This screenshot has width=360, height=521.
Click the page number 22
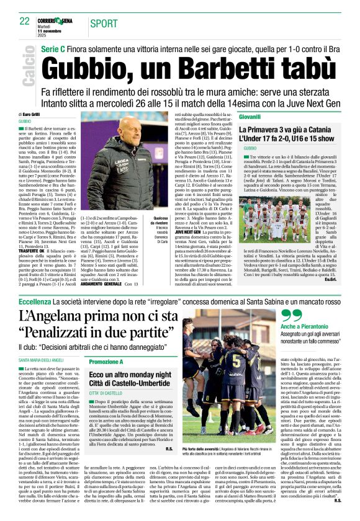(25, 21)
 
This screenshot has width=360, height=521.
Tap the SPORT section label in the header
(104, 24)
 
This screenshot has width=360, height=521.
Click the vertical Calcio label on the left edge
(28, 66)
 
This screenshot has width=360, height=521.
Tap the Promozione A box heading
(106, 362)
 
